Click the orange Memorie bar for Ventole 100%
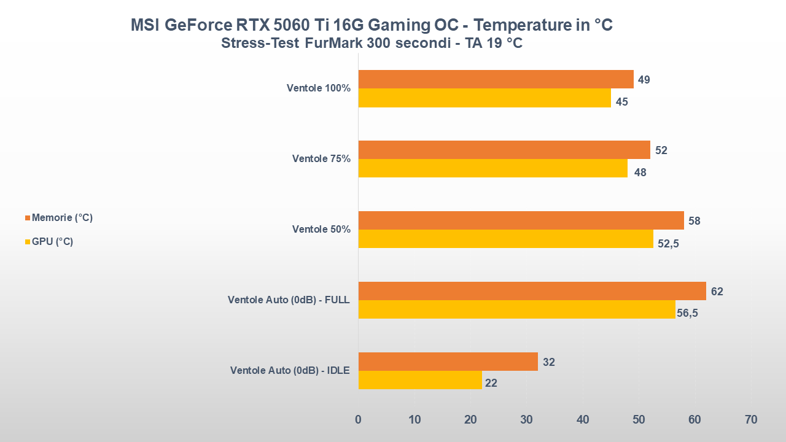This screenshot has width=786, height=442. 496,79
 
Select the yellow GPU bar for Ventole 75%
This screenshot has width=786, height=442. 492,168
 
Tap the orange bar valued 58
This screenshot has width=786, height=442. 521,220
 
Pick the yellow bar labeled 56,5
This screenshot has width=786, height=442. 516,309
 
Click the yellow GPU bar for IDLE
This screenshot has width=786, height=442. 420,380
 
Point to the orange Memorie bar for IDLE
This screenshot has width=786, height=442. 448,362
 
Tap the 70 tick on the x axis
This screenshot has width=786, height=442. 750,420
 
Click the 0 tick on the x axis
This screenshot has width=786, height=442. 359,420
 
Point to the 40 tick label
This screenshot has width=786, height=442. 583,420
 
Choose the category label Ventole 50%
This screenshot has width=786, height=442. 321,230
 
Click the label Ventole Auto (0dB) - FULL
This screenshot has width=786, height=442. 289,300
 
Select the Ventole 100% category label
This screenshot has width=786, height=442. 318,88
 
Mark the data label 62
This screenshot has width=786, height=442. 717,292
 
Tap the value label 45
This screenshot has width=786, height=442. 621,102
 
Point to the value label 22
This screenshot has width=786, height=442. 491,384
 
